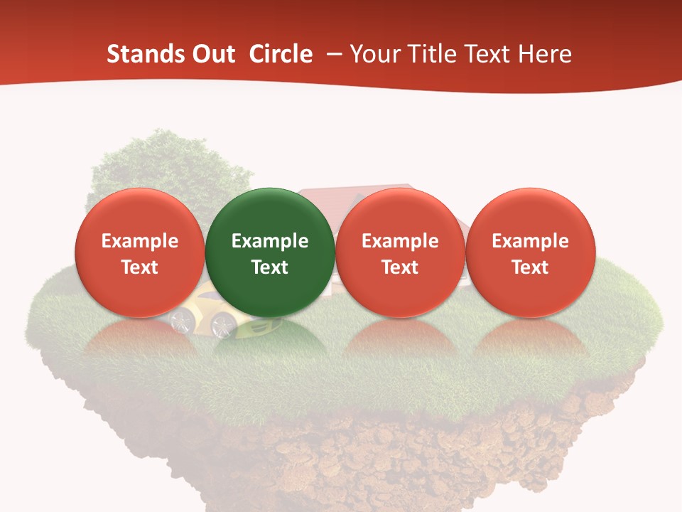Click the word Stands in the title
click(145, 54)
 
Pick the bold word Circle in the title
click(281, 54)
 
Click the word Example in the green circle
click(270, 241)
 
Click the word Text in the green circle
click(270, 267)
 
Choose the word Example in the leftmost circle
click(139, 241)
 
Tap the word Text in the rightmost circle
click(530, 267)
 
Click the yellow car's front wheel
click(224, 326)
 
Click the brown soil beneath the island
click(369, 455)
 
